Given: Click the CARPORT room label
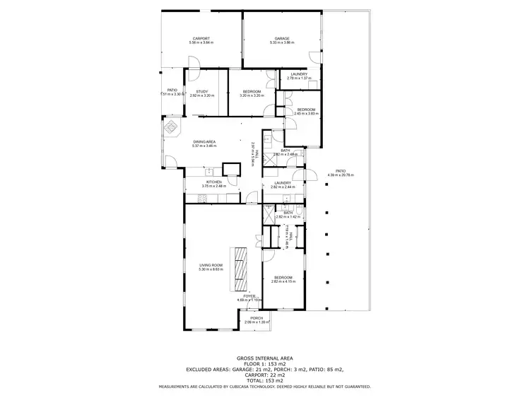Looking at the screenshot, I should pyautogui.click(x=201, y=38).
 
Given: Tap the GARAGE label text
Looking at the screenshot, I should pyautogui.click(x=283, y=38).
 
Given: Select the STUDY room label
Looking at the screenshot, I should pyautogui.click(x=202, y=91).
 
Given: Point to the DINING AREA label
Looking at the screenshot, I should pyautogui.click(x=204, y=142).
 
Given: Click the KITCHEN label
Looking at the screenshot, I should pyautogui.click(x=214, y=182).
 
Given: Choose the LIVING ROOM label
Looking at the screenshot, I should pyautogui.click(x=212, y=265).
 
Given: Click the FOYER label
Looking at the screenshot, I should pyautogui.click(x=249, y=296).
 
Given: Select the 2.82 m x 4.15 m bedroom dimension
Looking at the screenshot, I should pyautogui.click(x=283, y=281).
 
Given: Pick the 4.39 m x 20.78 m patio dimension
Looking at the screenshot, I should pyautogui.click(x=341, y=175).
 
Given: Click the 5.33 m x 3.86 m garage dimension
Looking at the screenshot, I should pyautogui.click(x=283, y=43).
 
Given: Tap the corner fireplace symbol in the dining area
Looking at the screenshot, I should pyautogui.click(x=171, y=129).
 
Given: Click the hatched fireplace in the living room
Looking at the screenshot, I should pyautogui.click(x=241, y=269).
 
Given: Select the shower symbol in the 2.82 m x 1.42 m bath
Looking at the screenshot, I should pyautogui.click(x=270, y=218).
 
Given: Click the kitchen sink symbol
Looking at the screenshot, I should pyautogui.click(x=210, y=172).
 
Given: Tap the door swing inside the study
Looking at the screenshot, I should pyautogui.click(x=194, y=77).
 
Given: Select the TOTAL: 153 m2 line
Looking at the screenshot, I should pyautogui.click(x=264, y=380).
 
